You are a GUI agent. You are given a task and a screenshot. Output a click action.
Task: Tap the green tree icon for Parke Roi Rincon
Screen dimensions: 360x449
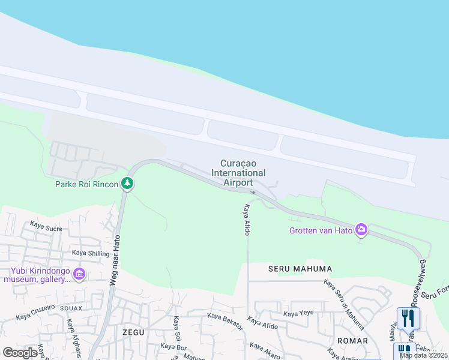click(127, 183)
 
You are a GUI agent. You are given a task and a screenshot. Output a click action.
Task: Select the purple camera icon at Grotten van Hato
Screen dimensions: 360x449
click(361, 229)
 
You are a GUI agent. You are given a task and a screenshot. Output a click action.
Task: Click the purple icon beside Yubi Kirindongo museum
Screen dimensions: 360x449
click(79, 275)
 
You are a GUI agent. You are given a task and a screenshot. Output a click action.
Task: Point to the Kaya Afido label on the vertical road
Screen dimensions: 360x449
click(246, 220)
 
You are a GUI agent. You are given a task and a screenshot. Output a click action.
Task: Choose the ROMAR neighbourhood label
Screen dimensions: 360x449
click(352, 341)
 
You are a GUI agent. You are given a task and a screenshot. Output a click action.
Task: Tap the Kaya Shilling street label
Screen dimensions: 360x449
click(91, 253)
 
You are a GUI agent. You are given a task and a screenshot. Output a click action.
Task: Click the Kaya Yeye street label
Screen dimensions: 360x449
click(298, 313)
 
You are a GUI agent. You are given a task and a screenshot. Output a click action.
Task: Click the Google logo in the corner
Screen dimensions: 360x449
click(20, 352)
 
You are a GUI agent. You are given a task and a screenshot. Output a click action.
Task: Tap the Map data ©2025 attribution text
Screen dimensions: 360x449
click(424, 355)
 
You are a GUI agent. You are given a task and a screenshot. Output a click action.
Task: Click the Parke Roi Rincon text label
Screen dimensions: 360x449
click(86, 184)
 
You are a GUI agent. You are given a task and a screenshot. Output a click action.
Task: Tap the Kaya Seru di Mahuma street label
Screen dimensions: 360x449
click(344, 304)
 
